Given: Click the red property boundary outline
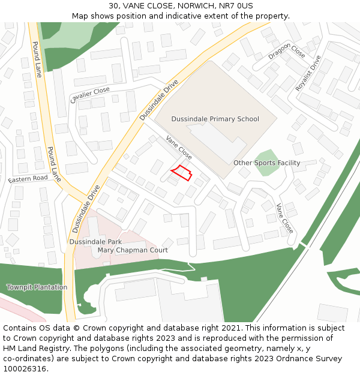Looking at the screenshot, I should point(181,173).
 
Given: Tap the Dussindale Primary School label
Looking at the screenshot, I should point(215,119).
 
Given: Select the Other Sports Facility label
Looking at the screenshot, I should point(266,163).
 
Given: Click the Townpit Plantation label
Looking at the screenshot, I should point(37,287).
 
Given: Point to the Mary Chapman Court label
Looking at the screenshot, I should point(133,250).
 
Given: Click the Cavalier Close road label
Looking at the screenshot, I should point(90,95).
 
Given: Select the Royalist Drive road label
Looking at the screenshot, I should point(308,73).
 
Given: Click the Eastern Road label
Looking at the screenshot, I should point(28,179).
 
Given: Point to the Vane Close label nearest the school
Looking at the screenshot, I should point(179,147).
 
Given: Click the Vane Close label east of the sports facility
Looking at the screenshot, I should point(284,218).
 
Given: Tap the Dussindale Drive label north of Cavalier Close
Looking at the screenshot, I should point(159,100).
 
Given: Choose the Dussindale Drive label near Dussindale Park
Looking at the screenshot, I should point(86,209).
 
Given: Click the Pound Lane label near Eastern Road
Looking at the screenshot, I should point(54,164).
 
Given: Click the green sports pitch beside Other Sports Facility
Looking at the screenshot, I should point(266,163).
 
